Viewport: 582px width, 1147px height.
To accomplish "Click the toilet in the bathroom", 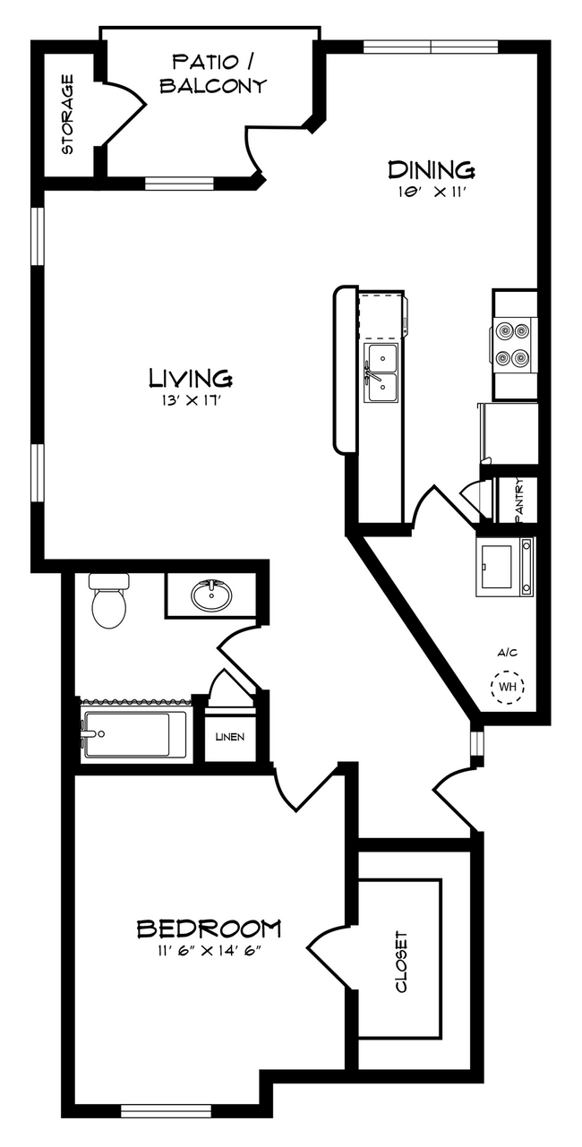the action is point(108,601).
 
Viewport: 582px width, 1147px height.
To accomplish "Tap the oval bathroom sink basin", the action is point(211,595).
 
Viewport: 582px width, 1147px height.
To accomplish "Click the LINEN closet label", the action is point(230,738).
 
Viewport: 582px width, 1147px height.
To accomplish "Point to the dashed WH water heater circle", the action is point(508,687).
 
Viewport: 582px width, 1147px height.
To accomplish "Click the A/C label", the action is point(508,653).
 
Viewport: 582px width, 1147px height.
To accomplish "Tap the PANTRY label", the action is point(519,500).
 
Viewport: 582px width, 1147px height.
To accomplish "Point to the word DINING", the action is point(432,169).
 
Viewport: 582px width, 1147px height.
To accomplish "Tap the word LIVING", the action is point(191,378).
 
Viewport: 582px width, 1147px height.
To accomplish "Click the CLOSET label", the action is point(401,962).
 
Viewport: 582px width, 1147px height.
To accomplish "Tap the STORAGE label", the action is point(67,115).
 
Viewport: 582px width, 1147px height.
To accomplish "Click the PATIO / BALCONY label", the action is point(213,74).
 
